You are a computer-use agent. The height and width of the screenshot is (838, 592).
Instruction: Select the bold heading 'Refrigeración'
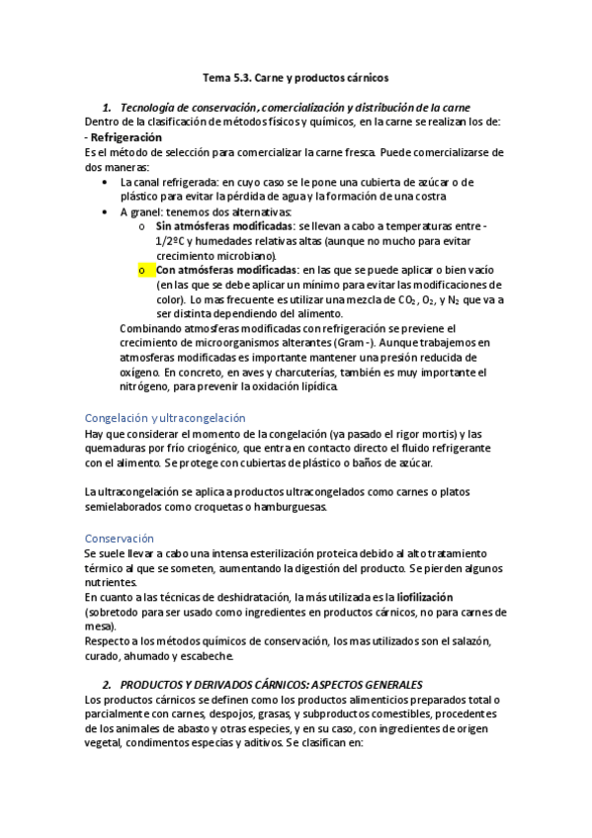(127, 136)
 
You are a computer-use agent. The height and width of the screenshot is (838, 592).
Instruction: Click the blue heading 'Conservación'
(120, 539)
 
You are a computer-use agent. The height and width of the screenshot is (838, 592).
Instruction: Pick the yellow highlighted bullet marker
(142, 270)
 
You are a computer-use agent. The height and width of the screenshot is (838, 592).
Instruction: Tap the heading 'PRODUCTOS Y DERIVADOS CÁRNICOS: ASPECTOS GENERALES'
(272, 685)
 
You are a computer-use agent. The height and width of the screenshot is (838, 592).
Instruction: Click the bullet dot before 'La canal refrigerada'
(107, 183)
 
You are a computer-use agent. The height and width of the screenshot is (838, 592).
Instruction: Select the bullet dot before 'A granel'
(107, 211)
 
